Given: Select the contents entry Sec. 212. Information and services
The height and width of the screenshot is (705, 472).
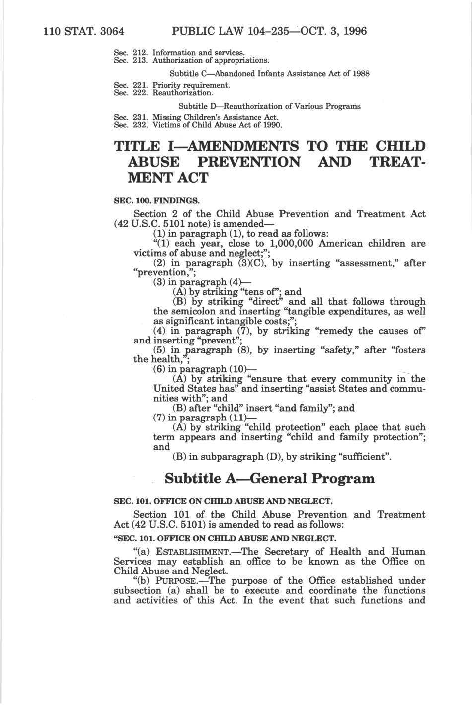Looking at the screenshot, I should [179, 52].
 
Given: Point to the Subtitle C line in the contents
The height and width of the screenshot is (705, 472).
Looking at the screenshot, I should [269, 74].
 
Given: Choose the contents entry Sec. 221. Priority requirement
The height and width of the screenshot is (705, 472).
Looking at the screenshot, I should [172, 85].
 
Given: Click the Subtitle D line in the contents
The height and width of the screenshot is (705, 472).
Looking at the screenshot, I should [269, 106].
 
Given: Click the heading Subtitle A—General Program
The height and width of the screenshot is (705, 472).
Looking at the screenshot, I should [269, 479].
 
